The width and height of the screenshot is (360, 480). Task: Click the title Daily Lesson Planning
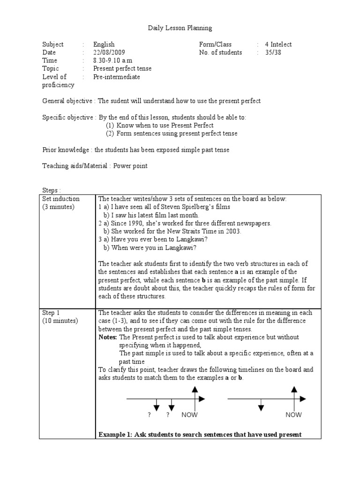[180, 28]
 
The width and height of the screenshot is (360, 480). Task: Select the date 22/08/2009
[109, 52]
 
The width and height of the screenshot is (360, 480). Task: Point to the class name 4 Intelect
[278, 45]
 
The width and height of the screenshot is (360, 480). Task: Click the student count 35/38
[273, 52]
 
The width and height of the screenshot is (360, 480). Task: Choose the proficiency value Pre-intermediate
[116, 77]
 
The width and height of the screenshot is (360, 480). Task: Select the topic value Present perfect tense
[122, 68]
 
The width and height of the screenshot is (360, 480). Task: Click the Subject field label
[53, 45]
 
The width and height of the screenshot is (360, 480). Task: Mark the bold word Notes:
[108, 337]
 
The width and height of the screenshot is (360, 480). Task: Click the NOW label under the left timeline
[189, 415]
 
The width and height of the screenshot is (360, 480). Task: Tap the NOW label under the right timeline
[293, 415]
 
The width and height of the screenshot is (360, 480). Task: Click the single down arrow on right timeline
[261, 405]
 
